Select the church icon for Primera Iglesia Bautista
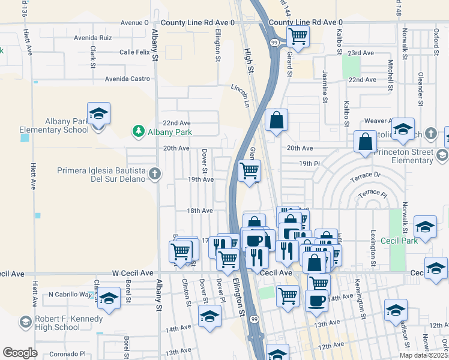click(155, 174)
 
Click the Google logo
click(20, 353)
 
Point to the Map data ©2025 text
click(424, 355)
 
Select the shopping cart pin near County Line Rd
click(297, 37)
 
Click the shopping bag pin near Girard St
click(276, 121)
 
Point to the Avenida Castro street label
click(127, 79)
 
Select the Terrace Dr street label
click(369, 175)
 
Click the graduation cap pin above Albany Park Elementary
click(98, 113)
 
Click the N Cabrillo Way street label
click(71, 295)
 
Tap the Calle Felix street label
click(134, 52)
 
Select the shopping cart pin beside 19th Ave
click(249, 170)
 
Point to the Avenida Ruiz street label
click(93, 37)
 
